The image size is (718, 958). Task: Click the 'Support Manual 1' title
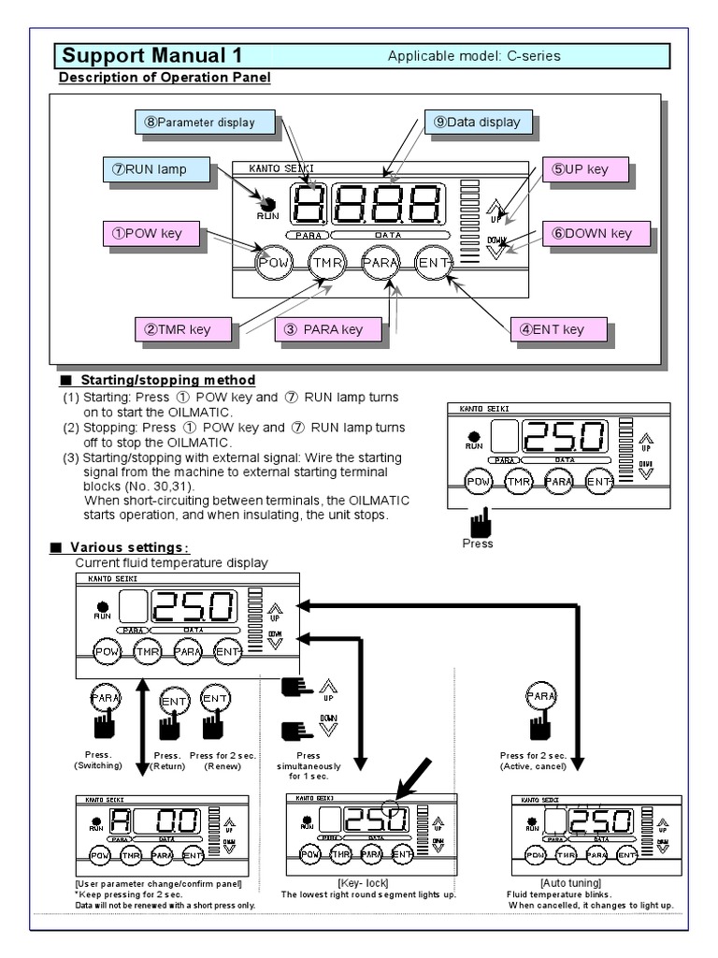146,54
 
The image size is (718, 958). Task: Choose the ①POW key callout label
152,233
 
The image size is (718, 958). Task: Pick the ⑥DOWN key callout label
596,233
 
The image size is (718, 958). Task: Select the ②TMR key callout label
181,328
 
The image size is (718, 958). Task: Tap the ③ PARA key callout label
328,328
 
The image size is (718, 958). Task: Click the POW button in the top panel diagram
274,263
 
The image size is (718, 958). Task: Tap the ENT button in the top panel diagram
434,263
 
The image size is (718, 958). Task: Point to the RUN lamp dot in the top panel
268,204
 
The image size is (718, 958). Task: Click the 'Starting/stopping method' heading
167,381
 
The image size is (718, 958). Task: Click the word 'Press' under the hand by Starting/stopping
478,543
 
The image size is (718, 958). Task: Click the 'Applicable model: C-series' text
474,56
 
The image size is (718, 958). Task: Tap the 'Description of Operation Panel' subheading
165,77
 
